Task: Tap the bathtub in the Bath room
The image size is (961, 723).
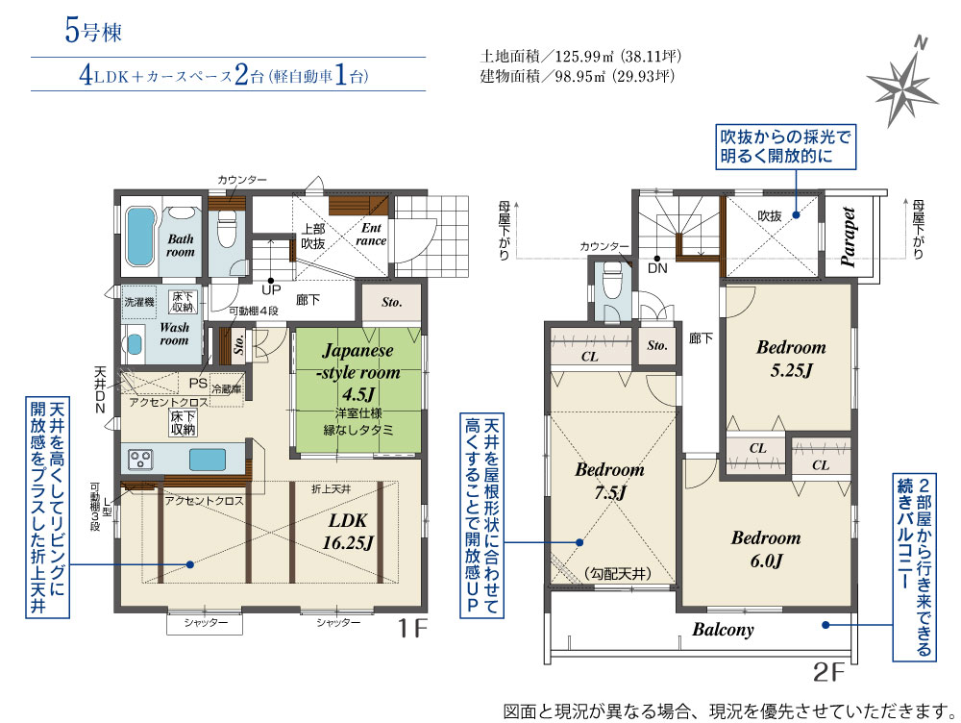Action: pyautogui.click(x=140, y=237)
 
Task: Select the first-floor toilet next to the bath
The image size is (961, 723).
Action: pyautogui.click(x=227, y=228)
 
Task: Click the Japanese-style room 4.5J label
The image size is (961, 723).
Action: pyautogui.click(x=358, y=372)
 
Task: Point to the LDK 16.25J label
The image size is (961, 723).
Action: pyautogui.click(x=348, y=531)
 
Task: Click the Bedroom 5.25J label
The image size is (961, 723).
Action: pyautogui.click(x=791, y=358)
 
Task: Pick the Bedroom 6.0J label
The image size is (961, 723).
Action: pyautogui.click(x=766, y=549)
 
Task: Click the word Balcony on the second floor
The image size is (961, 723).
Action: pyautogui.click(x=724, y=629)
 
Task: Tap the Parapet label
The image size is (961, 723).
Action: pyautogui.click(x=849, y=237)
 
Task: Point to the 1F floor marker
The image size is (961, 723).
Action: pyautogui.click(x=412, y=628)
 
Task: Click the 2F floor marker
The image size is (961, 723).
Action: pyautogui.click(x=828, y=672)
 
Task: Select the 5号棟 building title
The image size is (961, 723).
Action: pyautogui.click(x=93, y=31)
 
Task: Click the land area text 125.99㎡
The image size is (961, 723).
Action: pyautogui.click(x=579, y=57)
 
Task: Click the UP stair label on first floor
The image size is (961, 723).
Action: pyautogui.click(x=271, y=288)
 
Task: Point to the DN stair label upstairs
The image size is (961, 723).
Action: pyautogui.click(x=657, y=268)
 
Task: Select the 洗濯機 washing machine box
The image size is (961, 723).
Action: pyautogui.click(x=139, y=302)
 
